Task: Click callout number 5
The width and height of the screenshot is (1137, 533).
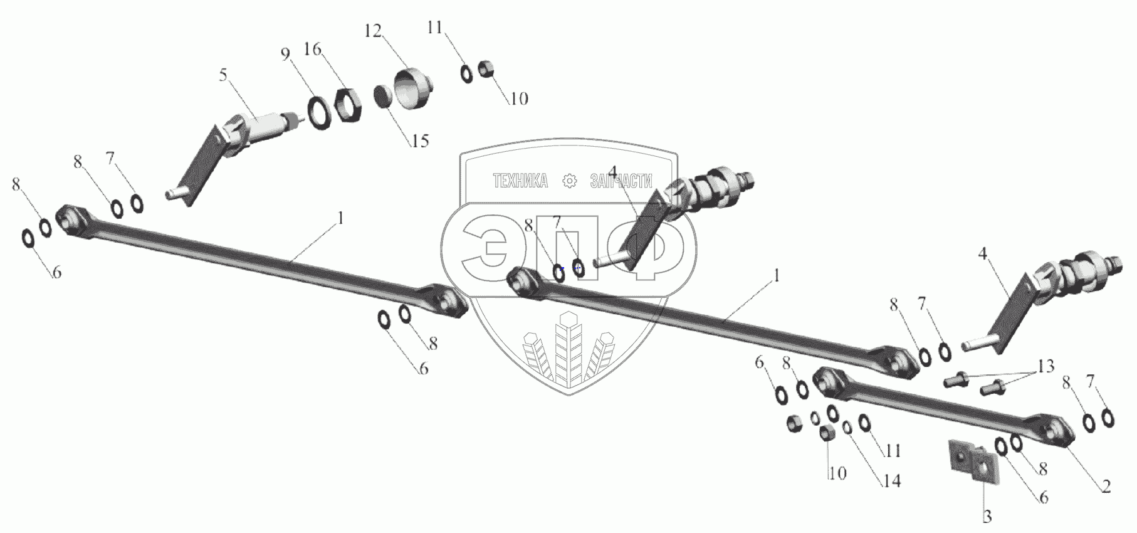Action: click(223, 75)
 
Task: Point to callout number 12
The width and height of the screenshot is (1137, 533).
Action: click(373, 30)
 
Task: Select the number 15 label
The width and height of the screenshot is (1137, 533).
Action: click(419, 140)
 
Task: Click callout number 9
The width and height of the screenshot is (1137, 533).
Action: click(286, 54)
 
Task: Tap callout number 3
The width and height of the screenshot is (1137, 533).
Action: click(987, 517)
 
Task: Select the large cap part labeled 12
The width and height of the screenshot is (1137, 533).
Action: click(411, 90)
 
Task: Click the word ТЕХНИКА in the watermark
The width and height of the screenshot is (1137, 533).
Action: click(520, 181)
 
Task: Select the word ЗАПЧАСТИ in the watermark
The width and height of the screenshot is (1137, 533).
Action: click(621, 181)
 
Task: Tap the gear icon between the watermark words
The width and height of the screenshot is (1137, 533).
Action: click(569, 181)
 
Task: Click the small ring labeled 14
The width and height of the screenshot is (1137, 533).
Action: click(847, 427)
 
